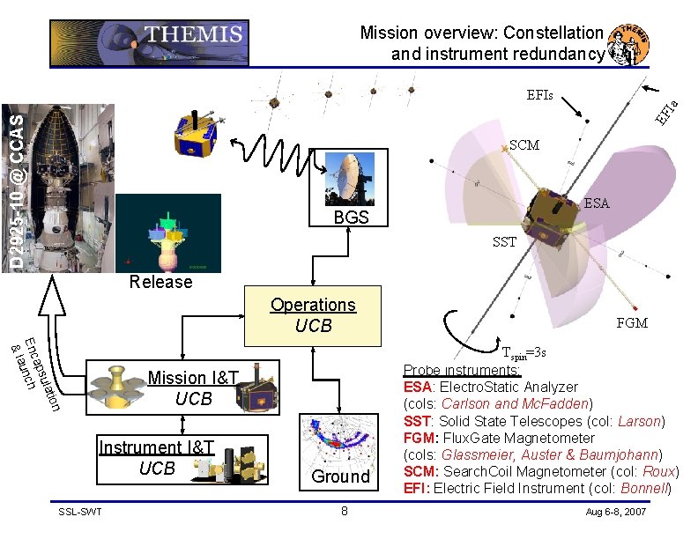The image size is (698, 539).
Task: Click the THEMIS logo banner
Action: [150, 43]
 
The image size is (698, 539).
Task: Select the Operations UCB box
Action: [313, 315]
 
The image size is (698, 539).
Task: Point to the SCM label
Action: [524, 145]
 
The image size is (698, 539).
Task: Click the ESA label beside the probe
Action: [596, 203]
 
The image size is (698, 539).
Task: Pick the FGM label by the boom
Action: [632, 323]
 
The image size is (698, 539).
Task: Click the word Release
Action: [160, 282]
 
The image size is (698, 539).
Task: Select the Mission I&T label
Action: [193, 379]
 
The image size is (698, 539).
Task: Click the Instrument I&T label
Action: [156, 447]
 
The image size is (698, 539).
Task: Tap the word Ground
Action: [341, 476]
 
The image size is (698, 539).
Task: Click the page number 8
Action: [345, 512]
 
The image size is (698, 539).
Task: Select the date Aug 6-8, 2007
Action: [614, 512]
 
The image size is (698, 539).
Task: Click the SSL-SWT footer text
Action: [79, 512]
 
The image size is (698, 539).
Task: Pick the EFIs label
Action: [539, 94]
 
